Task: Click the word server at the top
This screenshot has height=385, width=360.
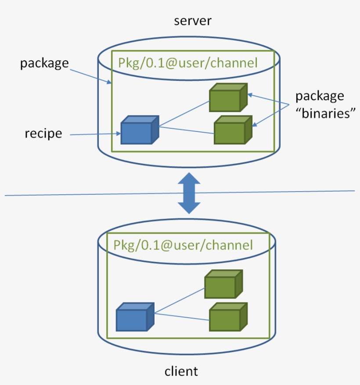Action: [x=193, y=21]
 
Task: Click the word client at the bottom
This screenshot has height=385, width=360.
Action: [x=181, y=371]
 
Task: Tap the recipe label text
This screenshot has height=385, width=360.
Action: [x=43, y=133]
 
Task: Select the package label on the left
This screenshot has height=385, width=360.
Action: [x=44, y=63]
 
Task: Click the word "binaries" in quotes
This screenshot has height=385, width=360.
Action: [x=325, y=113]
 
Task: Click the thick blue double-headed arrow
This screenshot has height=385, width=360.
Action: [x=189, y=193]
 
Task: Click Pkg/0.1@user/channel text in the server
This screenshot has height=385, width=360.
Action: [x=187, y=62]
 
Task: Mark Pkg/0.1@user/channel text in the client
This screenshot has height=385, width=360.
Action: [x=183, y=244]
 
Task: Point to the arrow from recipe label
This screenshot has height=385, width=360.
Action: [x=94, y=134]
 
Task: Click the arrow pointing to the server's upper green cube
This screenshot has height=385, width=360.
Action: [x=268, y=98]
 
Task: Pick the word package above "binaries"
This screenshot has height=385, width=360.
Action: [x=320, y=96]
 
